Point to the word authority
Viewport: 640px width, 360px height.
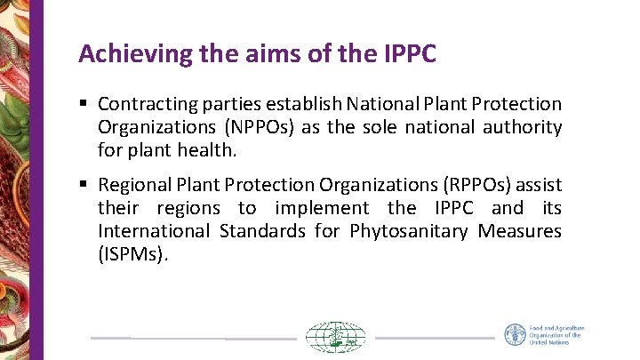pyautogui.click(x=523, y=128)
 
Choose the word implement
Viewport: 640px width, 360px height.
pyautogui.click(x=322, y=209)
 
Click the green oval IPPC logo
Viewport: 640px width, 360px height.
pyautogui.click(x=335, y=338)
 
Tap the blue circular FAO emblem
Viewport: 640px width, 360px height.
pyautogui.click(x=515, y=335)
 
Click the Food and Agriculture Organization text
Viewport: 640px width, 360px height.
pyautogui.click(x=556, y=335)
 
